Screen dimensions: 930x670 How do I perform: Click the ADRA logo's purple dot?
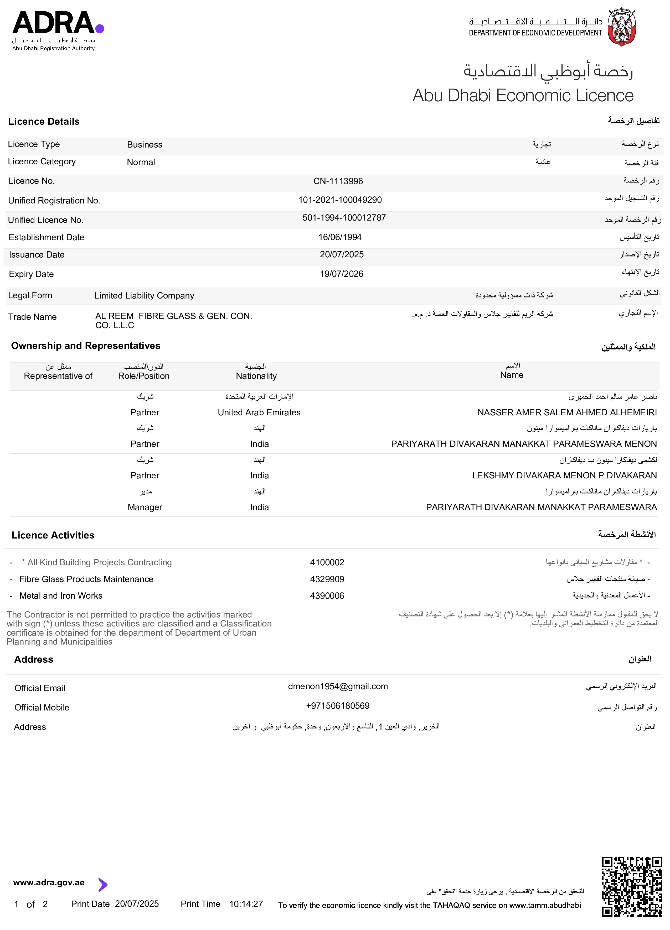pyautogui.click(x=100, y=28)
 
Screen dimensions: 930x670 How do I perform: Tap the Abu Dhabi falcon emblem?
pyautogui.click(x=622, y=27)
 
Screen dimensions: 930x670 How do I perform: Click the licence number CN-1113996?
pyautogui.click(x=338, y=181)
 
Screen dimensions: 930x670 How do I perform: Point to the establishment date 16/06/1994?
pyautogui.click(x=340, y=237)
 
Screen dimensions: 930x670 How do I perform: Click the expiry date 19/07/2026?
pyautogui.click(x=341, y=274)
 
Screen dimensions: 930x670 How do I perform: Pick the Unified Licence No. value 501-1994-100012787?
pyautogui.click(x=344, y=218)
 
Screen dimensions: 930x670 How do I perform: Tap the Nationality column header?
pyautogui.click(x=256, y=376)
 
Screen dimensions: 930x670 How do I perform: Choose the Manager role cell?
pyautogui.click(x=145, y=507)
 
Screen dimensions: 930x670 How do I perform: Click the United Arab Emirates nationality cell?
pyautogui.click(x=259, y=412)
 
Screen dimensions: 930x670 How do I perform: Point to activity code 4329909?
pyautogui.click(x=327, y=579)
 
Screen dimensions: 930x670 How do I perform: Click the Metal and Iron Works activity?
pyautogui.click(x=61, y=596)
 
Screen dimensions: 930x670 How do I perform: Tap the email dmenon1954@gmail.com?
pyautogui.click(x=338, y=686)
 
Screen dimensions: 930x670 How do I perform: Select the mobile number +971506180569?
pyautogui.click(x=338, y=706)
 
